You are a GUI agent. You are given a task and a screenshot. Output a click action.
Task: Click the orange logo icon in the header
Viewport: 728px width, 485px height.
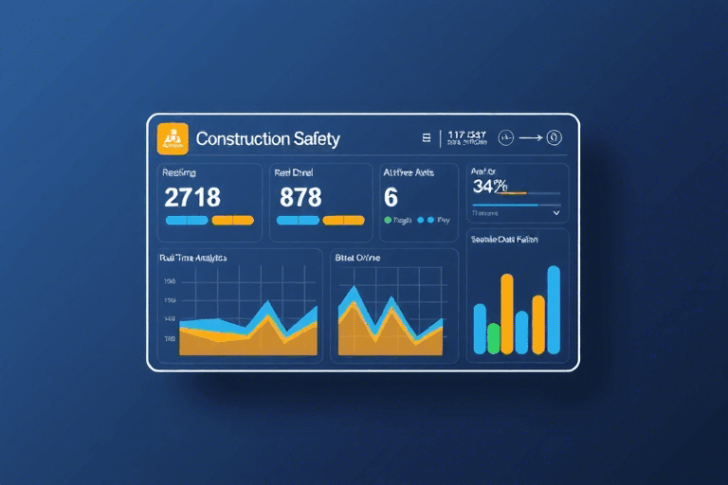(172, 138)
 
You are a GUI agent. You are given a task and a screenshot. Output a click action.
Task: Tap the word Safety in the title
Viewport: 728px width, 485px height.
(316, 139)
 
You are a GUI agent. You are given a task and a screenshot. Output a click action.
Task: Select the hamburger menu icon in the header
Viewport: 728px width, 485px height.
(427, 138)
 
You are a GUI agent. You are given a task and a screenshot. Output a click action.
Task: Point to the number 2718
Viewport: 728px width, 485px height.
(192, 197)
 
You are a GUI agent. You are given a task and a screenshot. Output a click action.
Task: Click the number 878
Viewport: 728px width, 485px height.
(300, 197)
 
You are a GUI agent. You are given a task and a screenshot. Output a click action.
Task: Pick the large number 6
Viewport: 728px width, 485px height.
(391, 197)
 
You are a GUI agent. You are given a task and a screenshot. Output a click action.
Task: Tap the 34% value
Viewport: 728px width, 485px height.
(489, 186)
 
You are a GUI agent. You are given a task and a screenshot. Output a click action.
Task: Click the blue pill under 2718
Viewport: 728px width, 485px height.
(187, 220)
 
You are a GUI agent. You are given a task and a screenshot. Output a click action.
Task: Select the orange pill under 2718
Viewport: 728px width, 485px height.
(232, 220)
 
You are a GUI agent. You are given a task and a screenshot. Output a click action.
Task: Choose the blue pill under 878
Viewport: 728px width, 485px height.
(297, 220)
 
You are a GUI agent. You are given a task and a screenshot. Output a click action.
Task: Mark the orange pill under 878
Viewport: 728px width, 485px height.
(343, 220)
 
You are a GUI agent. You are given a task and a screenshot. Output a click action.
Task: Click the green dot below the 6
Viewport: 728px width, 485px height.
(387, 220)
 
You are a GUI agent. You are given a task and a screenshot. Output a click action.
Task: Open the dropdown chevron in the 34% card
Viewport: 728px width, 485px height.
(555, 214)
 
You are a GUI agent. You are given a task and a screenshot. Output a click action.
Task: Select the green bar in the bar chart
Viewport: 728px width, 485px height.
(493, 338)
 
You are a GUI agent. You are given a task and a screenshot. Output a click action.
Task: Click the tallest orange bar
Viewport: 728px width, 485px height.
(507, 314)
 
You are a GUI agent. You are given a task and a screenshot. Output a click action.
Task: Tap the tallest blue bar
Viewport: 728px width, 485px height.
(554, 309)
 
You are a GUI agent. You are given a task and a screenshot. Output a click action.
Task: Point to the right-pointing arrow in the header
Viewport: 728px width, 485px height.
(531, 138)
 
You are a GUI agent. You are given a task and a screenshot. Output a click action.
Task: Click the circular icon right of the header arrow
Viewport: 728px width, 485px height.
(555, 138)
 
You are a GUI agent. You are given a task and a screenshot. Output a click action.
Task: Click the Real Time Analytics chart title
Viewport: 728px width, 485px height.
(194, 258)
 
